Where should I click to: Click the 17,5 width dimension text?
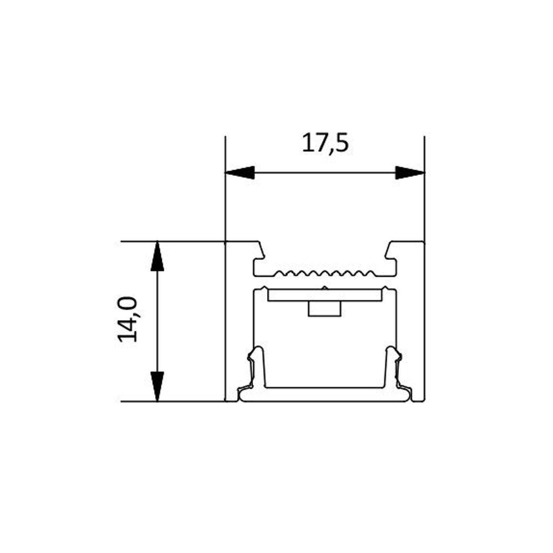[325, 143]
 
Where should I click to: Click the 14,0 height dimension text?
[127, 319]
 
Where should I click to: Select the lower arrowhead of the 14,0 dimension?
[157, 386]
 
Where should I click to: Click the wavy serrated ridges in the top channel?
[325, 273]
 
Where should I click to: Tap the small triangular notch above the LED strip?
[325, 288]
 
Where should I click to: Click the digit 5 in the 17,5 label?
[342, 143]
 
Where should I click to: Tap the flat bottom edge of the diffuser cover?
[325, 401]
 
